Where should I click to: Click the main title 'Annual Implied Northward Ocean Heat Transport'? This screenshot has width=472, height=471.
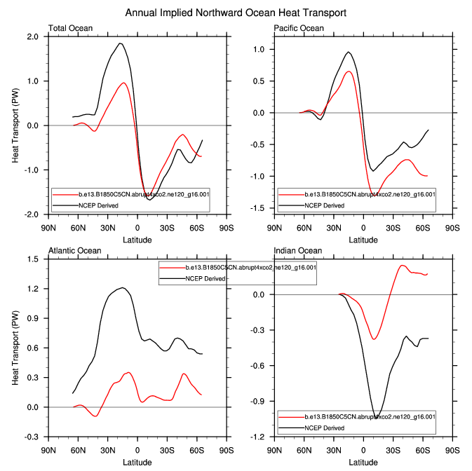[x=236, y=13]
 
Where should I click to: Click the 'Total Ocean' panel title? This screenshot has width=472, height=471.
[x=70, y=28]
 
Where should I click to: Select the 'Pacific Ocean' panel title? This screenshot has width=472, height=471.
[x=299, y=28]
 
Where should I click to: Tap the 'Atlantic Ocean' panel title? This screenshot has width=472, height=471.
[x=74, y=250]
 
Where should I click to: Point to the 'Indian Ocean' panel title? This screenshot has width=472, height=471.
[x=297, y=250]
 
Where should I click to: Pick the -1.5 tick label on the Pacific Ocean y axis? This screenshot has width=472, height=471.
[x=258, y=208]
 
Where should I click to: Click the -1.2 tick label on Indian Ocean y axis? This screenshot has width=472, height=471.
[x=258, y=437]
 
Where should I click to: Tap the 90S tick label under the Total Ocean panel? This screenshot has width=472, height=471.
[x=226, y=228]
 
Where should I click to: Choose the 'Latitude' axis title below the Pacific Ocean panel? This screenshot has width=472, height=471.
[x=363, y=239]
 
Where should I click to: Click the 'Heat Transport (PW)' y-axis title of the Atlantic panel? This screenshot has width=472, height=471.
[x=15, y=348]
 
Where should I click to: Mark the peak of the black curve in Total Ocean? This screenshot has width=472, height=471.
[x=120, y=43]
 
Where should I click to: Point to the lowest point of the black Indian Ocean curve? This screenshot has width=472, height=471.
[x=376, y=418]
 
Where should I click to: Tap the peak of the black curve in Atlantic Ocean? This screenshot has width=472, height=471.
[x=123, y=287]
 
